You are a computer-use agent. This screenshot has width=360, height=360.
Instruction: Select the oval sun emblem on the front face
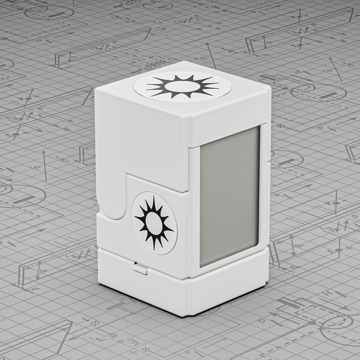(x=154, y=223)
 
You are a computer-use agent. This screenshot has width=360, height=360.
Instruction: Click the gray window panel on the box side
(x=229, y=197)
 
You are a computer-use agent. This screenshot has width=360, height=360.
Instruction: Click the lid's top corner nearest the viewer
(x=190, y=117)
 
